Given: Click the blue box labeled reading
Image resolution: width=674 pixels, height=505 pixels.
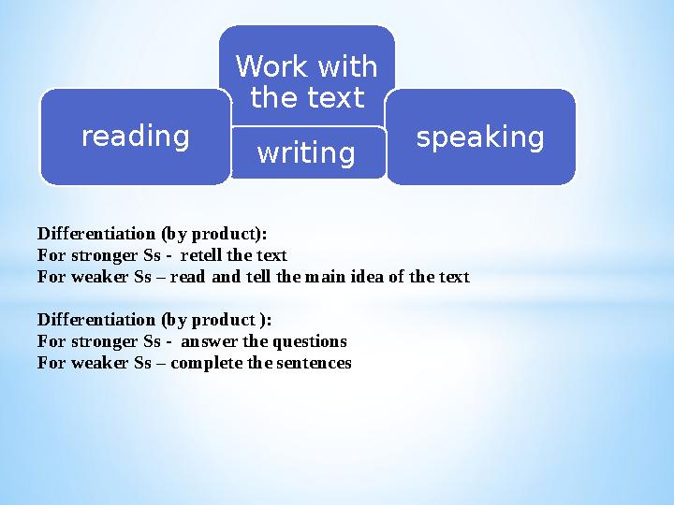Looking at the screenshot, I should point(135,137).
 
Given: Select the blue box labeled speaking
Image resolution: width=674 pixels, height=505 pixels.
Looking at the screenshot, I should point(480,137).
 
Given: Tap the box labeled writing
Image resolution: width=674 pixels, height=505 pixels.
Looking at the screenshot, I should point(306,152).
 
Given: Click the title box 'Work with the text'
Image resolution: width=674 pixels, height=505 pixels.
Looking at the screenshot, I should point(306,81).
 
